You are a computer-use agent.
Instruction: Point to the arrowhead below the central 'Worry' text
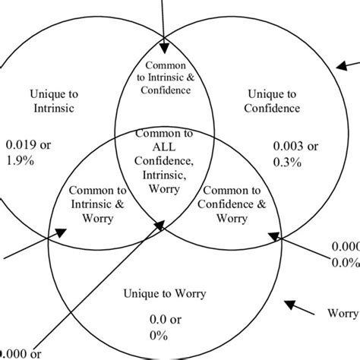point(159,224)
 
